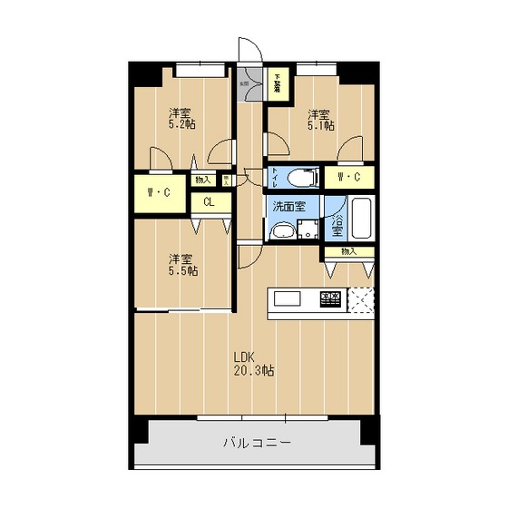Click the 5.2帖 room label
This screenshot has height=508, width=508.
click(181, 120)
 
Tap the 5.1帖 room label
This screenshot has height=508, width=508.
click(317, 120)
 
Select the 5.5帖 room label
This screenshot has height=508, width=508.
click(181, 263)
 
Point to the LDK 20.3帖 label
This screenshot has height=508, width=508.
click(253, 363)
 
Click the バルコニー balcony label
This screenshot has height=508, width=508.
click(258, 444)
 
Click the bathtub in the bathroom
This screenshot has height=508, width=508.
click(362, 218)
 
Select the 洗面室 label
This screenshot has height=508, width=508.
click(290, 206)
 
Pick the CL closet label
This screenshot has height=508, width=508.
click(209, 201)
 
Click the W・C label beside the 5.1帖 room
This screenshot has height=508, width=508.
click(349, 176)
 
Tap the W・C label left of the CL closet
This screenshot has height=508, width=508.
click(160, 192)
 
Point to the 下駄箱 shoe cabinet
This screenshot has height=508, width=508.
click(277, 83)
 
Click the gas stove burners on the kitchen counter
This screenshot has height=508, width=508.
click(329, 298)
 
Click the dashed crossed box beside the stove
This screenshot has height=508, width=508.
click(362, 299)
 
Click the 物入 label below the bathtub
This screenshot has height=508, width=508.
click(349, 251)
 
